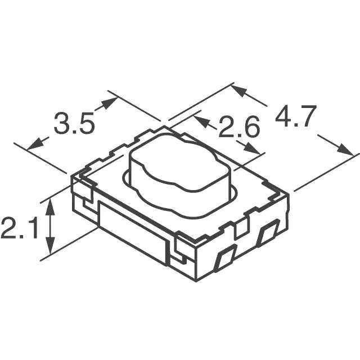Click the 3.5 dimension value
click(x=74, y=124)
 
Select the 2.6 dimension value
click(x=238, y=128)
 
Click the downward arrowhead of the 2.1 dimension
click(x=51, y=247)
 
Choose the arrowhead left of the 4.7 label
click(x=240, y=91)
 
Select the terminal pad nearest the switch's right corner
click(x=267, y=233)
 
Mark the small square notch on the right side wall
click(x=241, y=227)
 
